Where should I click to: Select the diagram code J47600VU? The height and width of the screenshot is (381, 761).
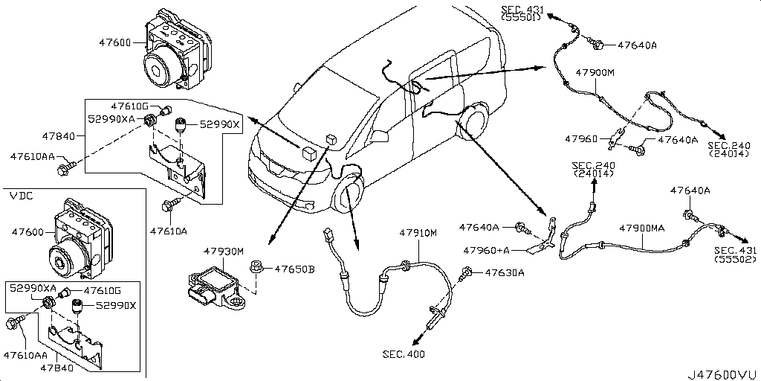click(x=722, y=373)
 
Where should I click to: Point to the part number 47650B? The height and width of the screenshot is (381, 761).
click(x=295, y=269)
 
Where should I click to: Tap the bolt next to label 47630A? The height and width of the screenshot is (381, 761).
click(x=467, y=274)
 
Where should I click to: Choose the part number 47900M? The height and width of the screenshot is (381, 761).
click(x=595, y=72)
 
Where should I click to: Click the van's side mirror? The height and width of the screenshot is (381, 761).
click(x=379, y=137)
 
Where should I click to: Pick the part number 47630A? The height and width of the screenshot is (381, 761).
click(x=505, y=273)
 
